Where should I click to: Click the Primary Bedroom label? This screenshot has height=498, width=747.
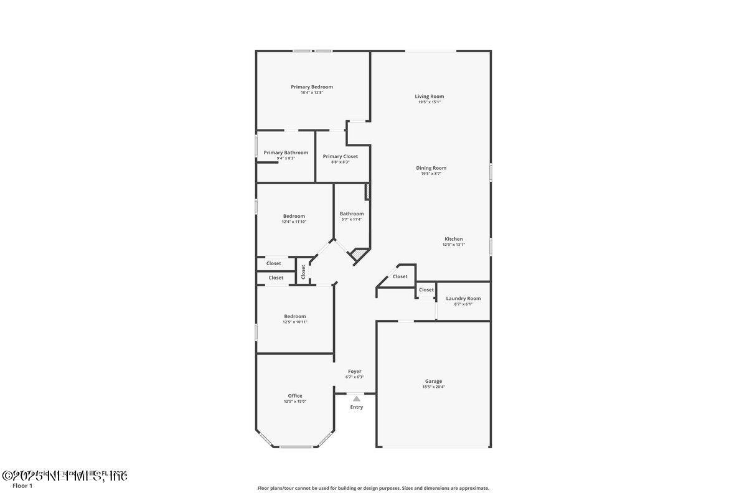point(312,87)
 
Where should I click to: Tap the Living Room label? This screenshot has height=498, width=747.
point(430,96)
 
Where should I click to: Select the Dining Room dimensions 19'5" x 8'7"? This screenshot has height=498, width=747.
point(431,174)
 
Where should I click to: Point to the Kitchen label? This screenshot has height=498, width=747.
point(453,239)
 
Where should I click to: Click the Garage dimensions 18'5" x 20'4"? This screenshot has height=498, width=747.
point(433,387)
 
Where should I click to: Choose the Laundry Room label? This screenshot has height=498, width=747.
point(463,298)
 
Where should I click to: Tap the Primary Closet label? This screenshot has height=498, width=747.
point(341,156)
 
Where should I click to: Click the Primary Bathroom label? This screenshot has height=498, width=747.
point(286,153)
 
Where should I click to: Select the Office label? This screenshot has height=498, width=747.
point(295,395)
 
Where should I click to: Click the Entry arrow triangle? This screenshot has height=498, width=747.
point(356,398)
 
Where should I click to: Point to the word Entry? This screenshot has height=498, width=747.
point(356,407)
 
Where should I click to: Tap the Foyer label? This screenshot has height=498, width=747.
point(355,371)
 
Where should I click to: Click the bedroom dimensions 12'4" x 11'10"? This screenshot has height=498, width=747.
point(294,222)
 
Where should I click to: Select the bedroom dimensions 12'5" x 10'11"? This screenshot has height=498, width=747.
point(295,322)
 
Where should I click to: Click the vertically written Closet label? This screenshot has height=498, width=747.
point(304,271)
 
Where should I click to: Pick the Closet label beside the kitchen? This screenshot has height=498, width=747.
point(400,276)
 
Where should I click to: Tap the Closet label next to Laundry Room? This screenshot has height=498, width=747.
point(426,289)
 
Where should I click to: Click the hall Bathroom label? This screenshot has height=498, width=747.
point(352,214)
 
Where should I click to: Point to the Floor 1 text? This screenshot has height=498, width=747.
point(22,486)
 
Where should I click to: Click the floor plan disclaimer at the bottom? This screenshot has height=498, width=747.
point(374,488)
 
